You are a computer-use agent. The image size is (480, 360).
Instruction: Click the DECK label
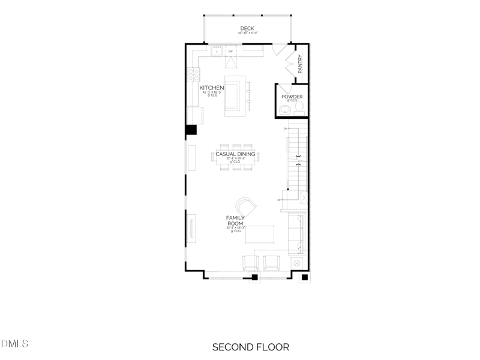[x=247, y=28]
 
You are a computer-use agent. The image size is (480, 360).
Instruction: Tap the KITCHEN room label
[x=211, y=88]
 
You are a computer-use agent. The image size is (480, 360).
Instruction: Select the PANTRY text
[x=300, y=65]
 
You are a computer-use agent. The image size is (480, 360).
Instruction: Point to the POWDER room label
[x=292, y=97]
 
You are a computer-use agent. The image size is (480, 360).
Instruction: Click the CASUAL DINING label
[x=235, y=154]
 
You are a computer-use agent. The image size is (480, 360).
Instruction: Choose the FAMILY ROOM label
[x=235, y=220]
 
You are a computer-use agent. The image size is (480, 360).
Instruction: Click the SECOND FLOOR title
[x=251, y=347]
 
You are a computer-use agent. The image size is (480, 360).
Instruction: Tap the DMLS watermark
[x=15, y=344]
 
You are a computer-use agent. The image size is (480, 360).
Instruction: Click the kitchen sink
[x=217, y=52]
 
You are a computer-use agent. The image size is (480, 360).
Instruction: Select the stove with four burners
[x=194, y=74]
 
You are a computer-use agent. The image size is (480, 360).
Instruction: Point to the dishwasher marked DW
[x=230, y=52]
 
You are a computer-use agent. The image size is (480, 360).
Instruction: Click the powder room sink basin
[x=284, y=110]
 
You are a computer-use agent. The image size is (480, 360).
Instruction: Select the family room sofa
[x=296, y=234]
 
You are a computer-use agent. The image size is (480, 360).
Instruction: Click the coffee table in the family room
[x=260, y=233]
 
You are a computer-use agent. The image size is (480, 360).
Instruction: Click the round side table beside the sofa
[x=296, y=263]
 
